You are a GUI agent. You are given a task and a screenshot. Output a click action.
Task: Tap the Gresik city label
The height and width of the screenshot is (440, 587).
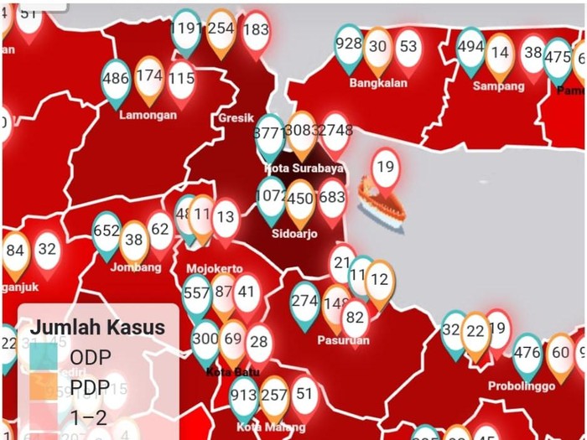[235, 118]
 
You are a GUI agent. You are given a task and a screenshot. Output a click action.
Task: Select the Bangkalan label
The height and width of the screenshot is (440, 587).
[378, 83]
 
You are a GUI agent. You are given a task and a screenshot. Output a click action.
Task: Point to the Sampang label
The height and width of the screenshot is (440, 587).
[498, 86]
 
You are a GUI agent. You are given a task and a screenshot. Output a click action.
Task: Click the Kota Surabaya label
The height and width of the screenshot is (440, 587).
[304, 168]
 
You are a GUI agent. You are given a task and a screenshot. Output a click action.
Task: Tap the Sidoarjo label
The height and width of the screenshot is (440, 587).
[295, 234]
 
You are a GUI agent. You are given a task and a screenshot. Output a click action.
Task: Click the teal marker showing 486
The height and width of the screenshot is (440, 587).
[115, 80]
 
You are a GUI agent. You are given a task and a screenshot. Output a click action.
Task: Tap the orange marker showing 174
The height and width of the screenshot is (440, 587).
[148, 76]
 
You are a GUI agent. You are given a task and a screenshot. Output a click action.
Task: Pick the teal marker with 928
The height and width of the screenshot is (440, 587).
[348, 44]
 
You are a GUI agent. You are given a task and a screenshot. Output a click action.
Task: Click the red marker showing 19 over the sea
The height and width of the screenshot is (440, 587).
[385, 167]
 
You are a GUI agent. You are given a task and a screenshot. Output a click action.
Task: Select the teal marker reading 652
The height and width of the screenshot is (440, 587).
[106, 231]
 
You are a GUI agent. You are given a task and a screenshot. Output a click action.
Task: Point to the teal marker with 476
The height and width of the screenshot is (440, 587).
[527, 353]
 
